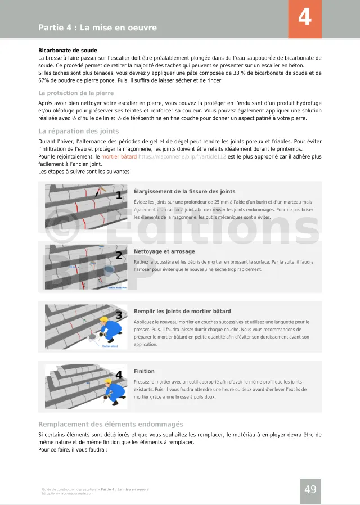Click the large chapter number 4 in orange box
(x=304, y=18)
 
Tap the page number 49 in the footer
(x=310, y=490)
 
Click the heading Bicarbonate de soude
(x=67, y=50)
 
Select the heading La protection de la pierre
(x=76, y=93)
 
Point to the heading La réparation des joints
(x=78, y=131)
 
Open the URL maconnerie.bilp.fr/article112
(x=182, y=156)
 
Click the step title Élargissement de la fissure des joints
(x=184, y=192)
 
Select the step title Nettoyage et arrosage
(x=164, y=251)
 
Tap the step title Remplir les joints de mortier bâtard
(x=182, y=311)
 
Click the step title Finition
(x=144, y=371)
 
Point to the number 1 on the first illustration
(x=119, y=196)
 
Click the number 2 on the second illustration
(x=119, y=255)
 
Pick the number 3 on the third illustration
(x=119, y=315)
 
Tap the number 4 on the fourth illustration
(x=119, y=375)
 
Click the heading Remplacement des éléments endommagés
(x=110, y=424)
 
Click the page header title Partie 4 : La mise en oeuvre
(x=97, y=28)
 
